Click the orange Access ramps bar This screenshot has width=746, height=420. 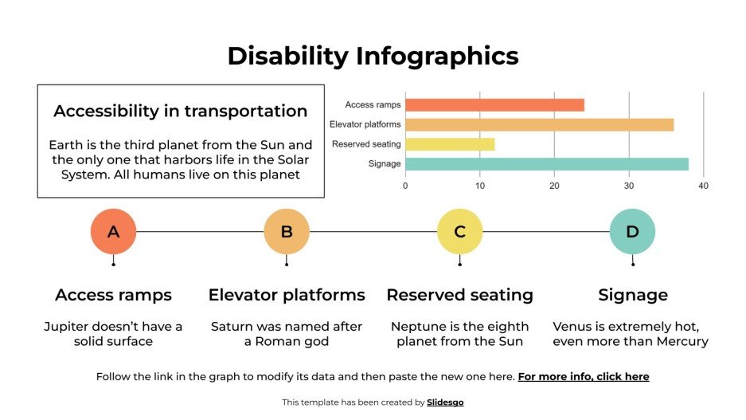click(x=494, y=104)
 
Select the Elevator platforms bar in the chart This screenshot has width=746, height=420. click(x=539, y=124)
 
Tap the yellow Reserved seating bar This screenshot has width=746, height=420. click(x=450, y=144)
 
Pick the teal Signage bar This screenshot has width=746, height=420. click(x=546, y=164)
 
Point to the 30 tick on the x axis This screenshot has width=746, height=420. click(x=629, y=186)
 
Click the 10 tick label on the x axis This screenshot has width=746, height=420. click(x=479, y=186)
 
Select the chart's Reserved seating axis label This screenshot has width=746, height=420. click(x=366, y=144)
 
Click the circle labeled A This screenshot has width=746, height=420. click(x=113, y=232)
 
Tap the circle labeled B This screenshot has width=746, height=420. click(x=287, y=232)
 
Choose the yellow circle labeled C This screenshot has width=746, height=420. click(x=459, y=232)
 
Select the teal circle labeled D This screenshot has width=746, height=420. click(x=632, y=232)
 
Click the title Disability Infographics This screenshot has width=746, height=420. click(x=373, y=56)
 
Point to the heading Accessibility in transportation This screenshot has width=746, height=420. click(x=181, y=111)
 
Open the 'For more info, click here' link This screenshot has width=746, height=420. click(x=584, y=376)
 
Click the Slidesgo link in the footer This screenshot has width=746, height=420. click(x=445, y=402)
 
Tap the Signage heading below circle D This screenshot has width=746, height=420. click(x=632, y=295)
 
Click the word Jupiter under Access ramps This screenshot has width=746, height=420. click(x=68, y=327)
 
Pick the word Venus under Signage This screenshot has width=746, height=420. click(x=571, y=327)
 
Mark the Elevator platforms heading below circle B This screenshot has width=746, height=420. click(x=287, y=295)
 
